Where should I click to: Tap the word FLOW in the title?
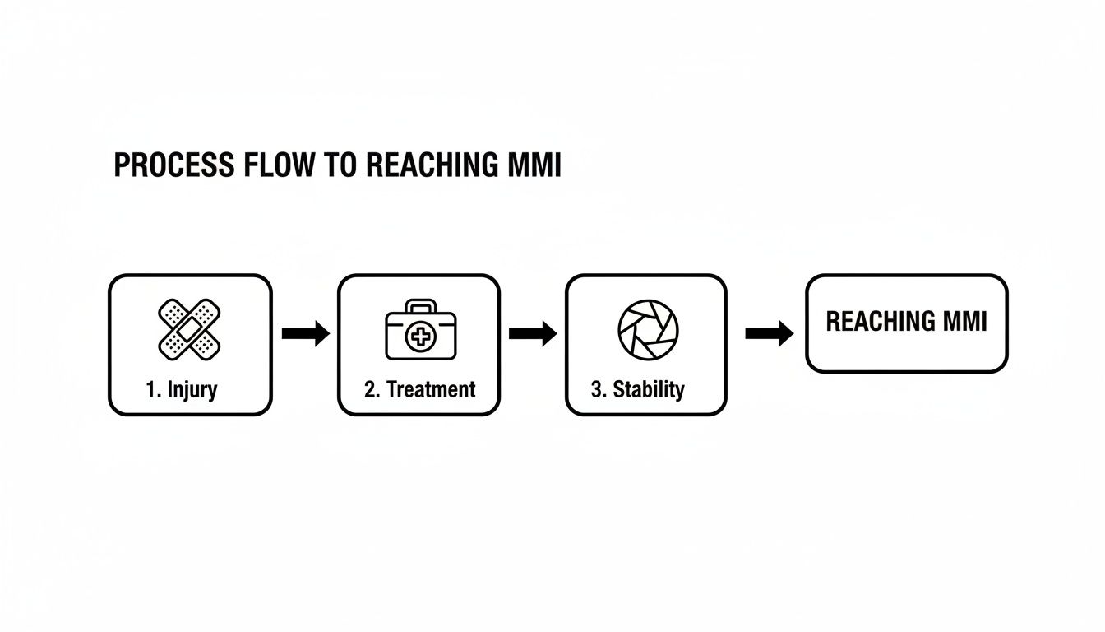click(280, 165)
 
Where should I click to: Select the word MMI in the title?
click(531, 165)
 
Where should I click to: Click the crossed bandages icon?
click(190, 328)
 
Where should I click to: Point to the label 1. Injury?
click(182, 389)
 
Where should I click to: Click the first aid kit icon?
click(419, 331)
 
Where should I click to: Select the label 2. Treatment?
click(419, 389)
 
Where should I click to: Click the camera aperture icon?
click(648, 328)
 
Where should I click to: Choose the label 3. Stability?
click(637, 389)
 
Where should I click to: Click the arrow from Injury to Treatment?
click(305, 333)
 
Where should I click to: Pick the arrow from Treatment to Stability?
click(533, 333)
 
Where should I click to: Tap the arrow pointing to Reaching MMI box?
click(769, 333)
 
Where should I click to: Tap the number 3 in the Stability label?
click(596, 389)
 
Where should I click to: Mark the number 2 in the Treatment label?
click(369, 389)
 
